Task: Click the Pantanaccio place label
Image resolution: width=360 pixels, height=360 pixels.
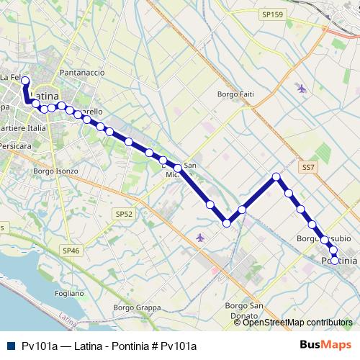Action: [x=83, y=73]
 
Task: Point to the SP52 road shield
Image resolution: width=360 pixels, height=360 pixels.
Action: [x=124, y=214]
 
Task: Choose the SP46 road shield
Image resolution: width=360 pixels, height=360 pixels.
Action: [x=70, y=249]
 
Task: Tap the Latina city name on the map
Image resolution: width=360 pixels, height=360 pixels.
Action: [x=46, y=95]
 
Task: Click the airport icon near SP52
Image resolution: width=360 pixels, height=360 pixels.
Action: [x=200, y=237]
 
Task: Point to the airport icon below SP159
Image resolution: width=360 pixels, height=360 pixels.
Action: [x=301, y=89]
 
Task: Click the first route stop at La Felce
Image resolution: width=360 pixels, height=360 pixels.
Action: [x=25, y=81]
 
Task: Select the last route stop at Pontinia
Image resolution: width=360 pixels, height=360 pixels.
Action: [x=335, y=260]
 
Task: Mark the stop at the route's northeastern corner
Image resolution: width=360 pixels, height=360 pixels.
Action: [x=276, y=176]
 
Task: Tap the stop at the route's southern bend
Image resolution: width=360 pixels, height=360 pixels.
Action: [x=227, y=223]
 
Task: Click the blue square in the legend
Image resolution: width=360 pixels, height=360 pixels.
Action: [x=9, y=346]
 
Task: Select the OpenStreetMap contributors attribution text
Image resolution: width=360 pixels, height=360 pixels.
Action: [x=297, y=323]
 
